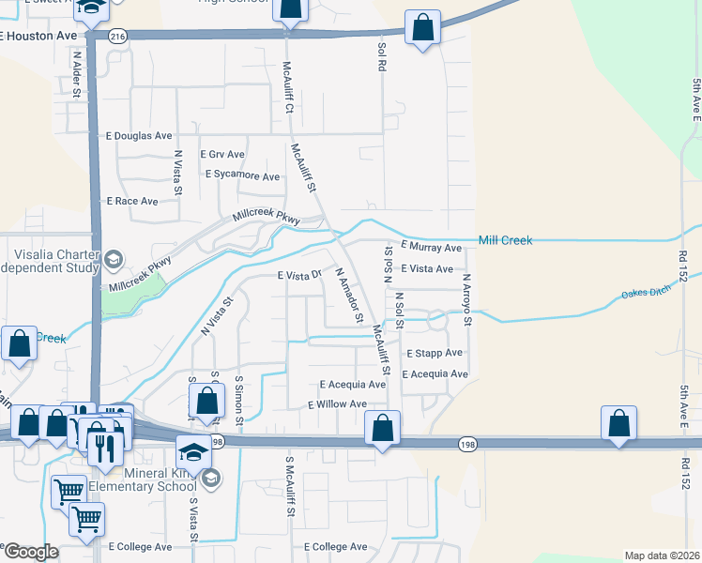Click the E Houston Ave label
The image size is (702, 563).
coord(38,36)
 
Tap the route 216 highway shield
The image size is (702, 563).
coord(116,36)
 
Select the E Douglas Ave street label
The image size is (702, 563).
coord(139,135)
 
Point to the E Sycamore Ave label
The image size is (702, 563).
coord(242,175)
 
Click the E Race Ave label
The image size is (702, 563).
coord(132,201)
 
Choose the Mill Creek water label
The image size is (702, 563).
coord(505,241)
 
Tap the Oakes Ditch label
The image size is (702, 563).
coord(648,295)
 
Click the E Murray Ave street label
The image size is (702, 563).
coord(432,248)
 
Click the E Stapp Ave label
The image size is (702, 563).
coord(435,353)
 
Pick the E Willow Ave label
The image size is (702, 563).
coord(337,404)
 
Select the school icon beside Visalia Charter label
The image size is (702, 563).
coord(113,259)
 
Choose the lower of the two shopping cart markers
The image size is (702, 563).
coord(86,518)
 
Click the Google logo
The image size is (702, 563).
coord(32,552)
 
